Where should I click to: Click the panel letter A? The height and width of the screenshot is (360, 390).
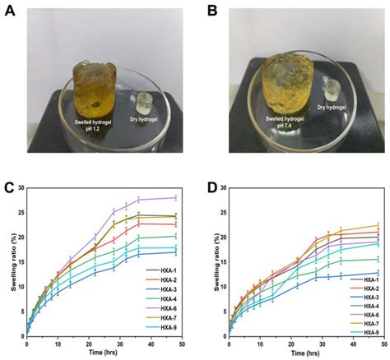coord(11,11)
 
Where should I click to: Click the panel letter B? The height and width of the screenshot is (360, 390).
coord(206,11)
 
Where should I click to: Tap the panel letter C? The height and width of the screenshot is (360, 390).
coord(11,184)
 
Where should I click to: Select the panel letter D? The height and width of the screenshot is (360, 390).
coord(206,184)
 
